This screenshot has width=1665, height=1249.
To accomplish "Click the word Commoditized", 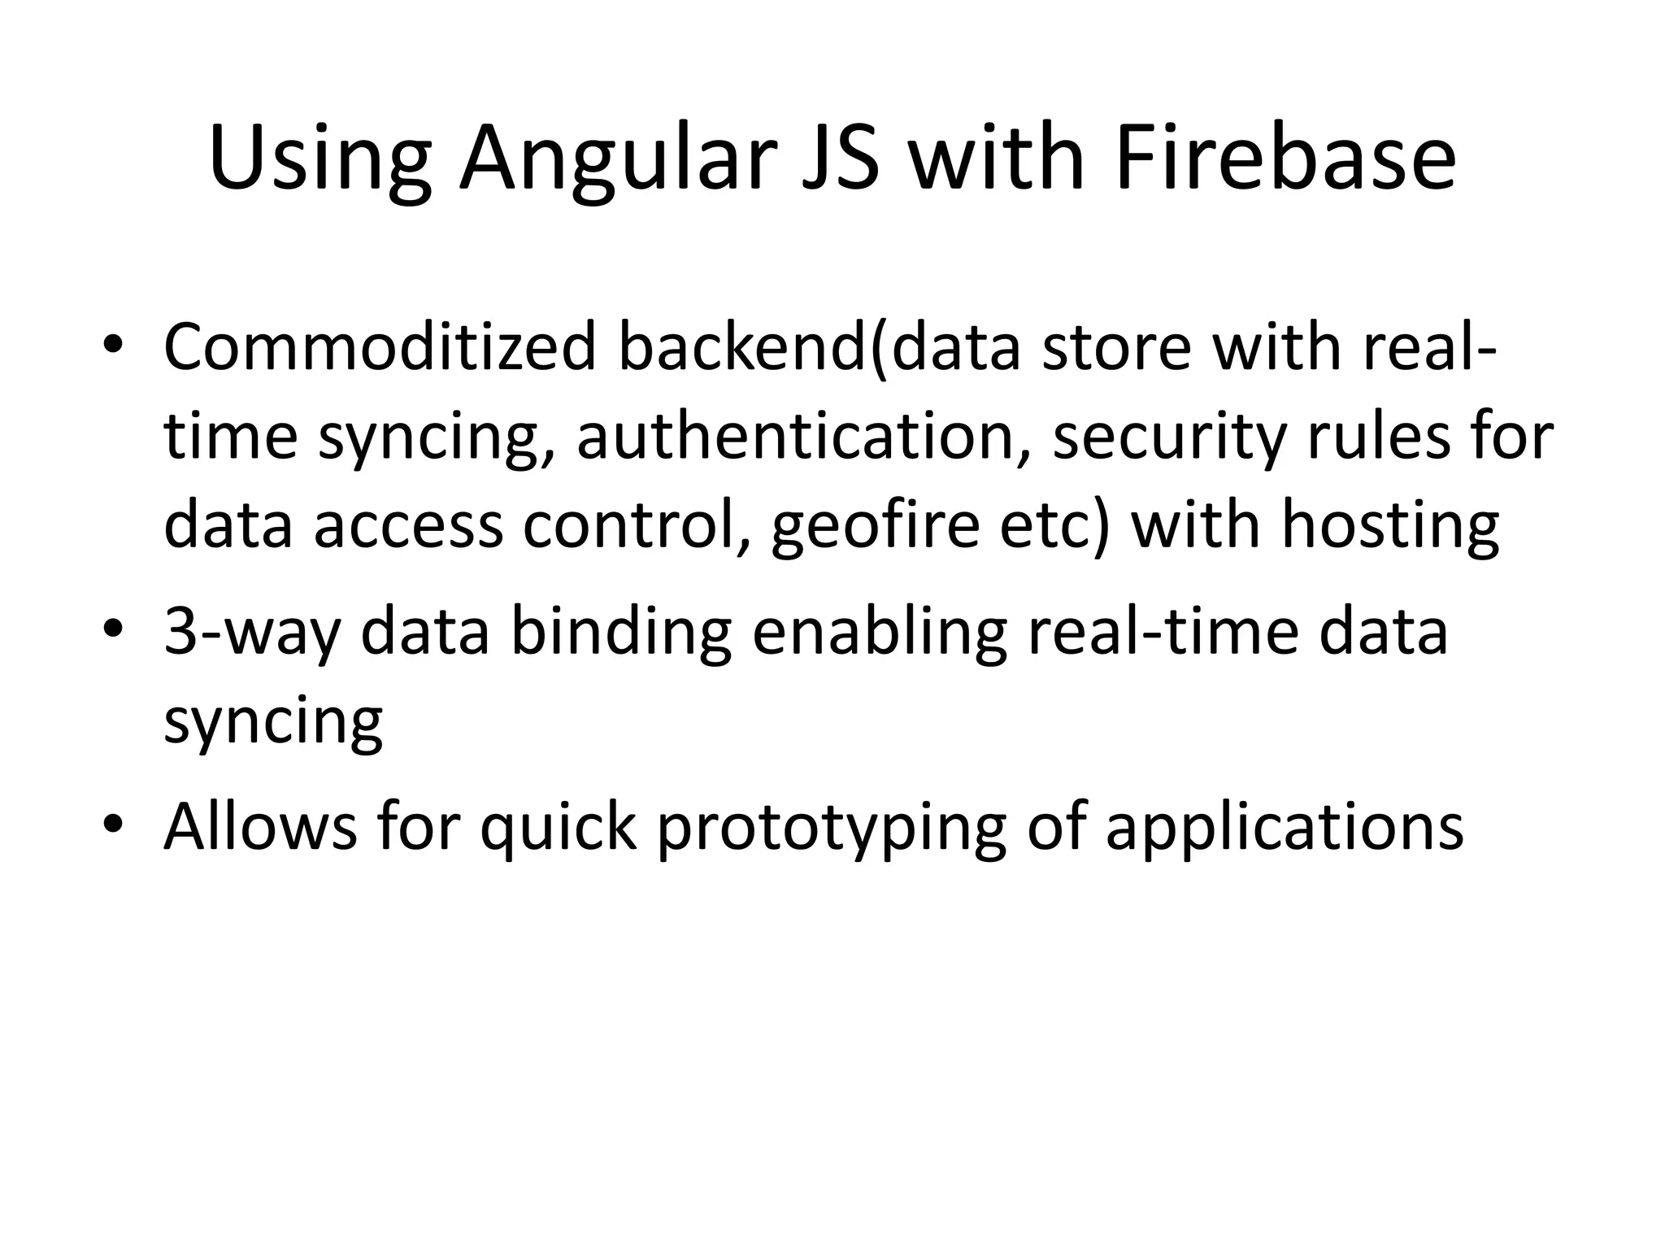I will point(379,347).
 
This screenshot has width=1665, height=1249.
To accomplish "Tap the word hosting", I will point(1390,526).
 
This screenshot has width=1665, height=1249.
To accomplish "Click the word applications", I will point(1285,827).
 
